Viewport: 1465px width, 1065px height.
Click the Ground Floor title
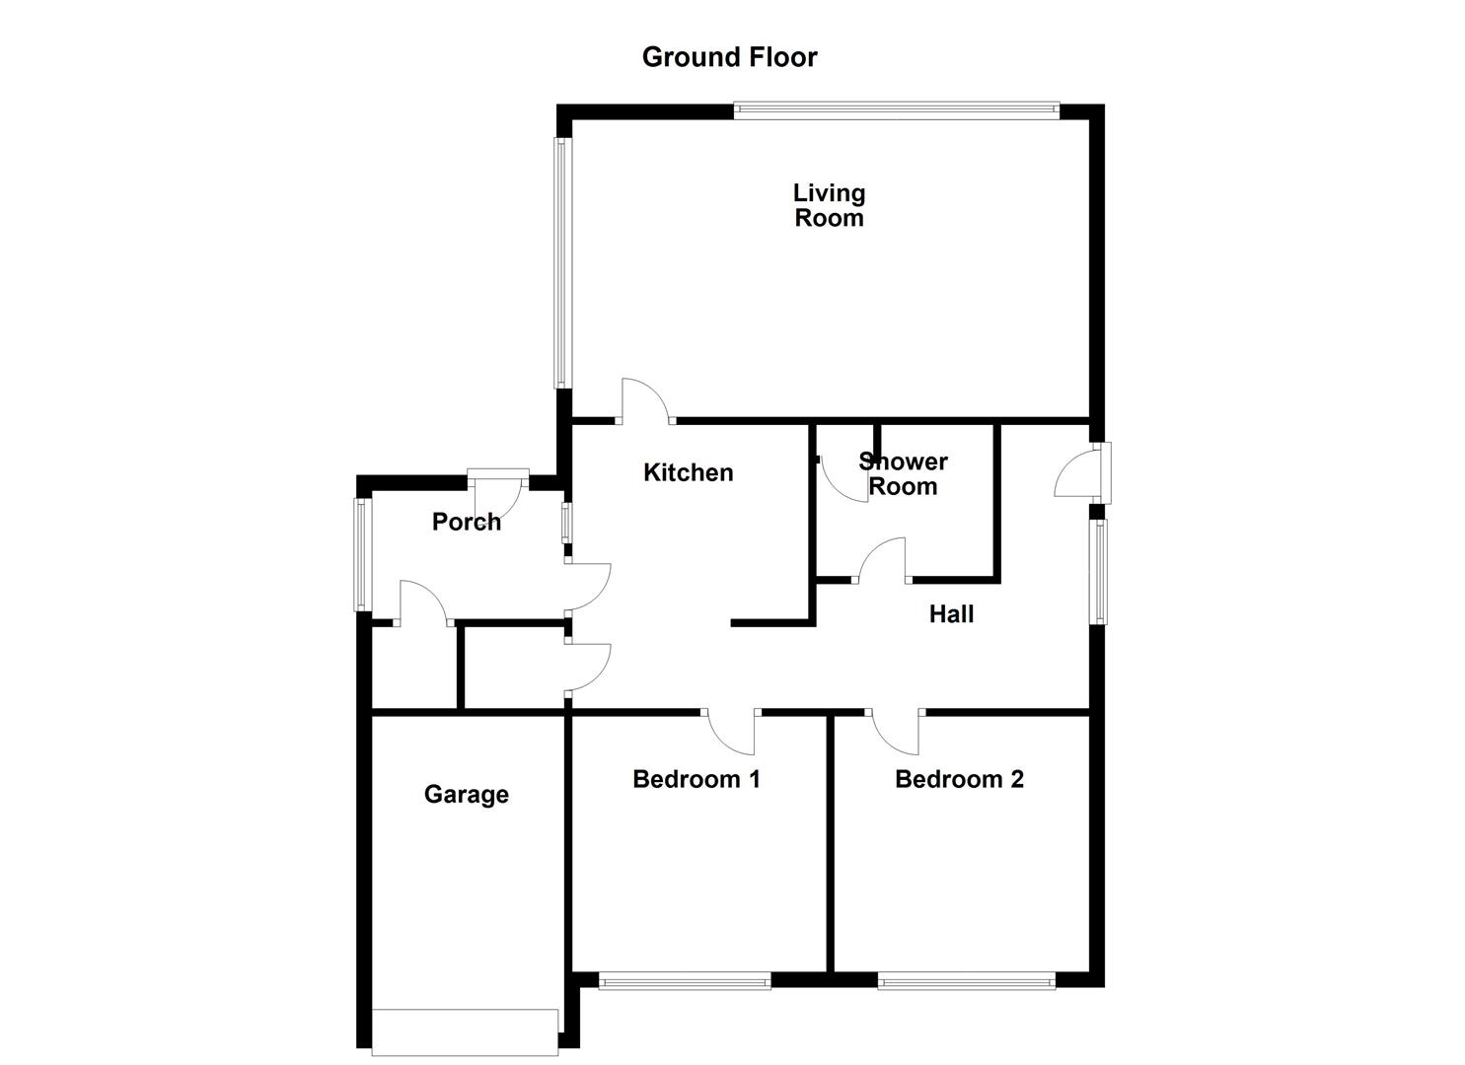click(x=729, y=57)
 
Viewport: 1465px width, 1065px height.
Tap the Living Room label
click(x=829, y=205)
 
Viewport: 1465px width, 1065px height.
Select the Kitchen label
click(x=688, y=472)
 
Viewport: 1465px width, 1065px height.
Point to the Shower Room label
click(x=903, y=473)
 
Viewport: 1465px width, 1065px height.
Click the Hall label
click(x=951, y=614)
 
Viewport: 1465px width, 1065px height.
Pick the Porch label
click(x=466, y=522)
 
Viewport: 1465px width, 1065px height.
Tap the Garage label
click(x=466, y=794)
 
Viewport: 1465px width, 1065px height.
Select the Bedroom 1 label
click(x=696, y=779)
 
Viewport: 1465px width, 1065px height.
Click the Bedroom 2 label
click(x=959, y=779)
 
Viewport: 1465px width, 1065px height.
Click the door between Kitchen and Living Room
click(x=645, y=404)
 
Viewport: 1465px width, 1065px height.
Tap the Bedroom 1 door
click(x=731, y=730)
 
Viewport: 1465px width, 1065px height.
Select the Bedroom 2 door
click(x=896, y=730)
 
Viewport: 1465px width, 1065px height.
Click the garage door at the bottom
click(x=465, y=1031)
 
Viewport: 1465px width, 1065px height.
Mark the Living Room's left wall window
click(x=561, y=261)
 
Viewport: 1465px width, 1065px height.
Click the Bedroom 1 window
click(x=685, y=980)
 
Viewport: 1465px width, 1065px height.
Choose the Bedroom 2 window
click(x=966, y=980)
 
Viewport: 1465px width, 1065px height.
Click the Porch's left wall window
click(x=361, y=554)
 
